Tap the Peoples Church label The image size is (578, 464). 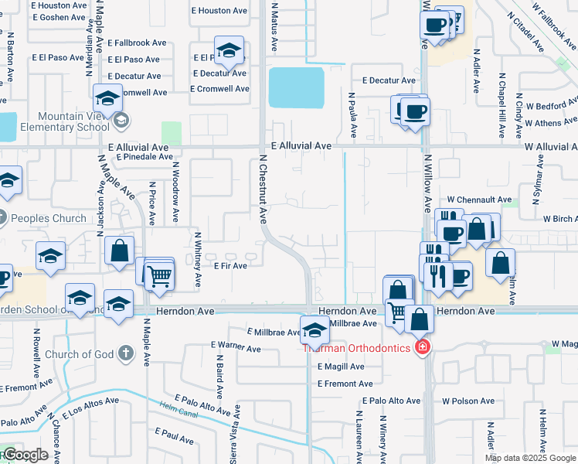[48, 218]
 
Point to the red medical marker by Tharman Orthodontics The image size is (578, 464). [423, 346]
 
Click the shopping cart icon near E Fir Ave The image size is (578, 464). [158, 274]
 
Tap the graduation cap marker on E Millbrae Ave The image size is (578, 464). [314, 331]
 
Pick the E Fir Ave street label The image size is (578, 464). [230, 266]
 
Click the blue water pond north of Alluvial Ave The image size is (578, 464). [296, 87]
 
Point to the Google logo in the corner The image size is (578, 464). [25, 455]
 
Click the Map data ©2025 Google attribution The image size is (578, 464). [531, 458]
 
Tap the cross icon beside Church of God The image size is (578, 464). [126, 354]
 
